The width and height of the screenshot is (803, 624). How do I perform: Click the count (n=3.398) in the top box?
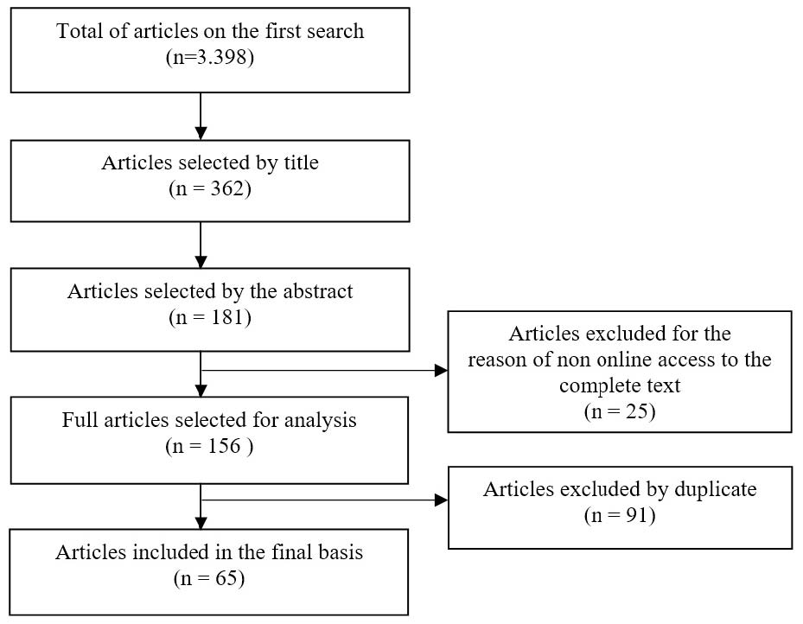click(x=210, y=58)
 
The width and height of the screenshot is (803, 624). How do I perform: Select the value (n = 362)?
click(x=210, y=189)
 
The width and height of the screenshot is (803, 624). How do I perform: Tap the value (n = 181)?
click(x=210, y=317)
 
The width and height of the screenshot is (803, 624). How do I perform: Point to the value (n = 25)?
click(x=620, y=411)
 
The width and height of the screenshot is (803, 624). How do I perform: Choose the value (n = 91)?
click(x=620, y=516)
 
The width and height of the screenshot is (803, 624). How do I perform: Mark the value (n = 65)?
click(x=210, y=578)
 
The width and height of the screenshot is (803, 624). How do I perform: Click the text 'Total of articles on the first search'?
click(x=210, y=32)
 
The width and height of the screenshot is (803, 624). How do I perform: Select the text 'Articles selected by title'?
click(x=210, y=163)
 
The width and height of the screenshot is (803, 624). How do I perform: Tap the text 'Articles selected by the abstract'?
click(x=210, y=291)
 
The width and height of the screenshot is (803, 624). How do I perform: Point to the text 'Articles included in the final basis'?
click(x=210, y=553)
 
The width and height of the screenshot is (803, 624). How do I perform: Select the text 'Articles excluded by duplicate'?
click(x=620, y=489)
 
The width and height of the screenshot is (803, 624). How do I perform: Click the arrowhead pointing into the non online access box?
click(x=441, y=371)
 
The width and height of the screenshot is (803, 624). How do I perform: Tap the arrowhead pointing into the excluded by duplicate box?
click(x=441, y=500)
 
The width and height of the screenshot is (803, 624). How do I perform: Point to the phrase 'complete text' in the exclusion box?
click(x=620, y=385)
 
